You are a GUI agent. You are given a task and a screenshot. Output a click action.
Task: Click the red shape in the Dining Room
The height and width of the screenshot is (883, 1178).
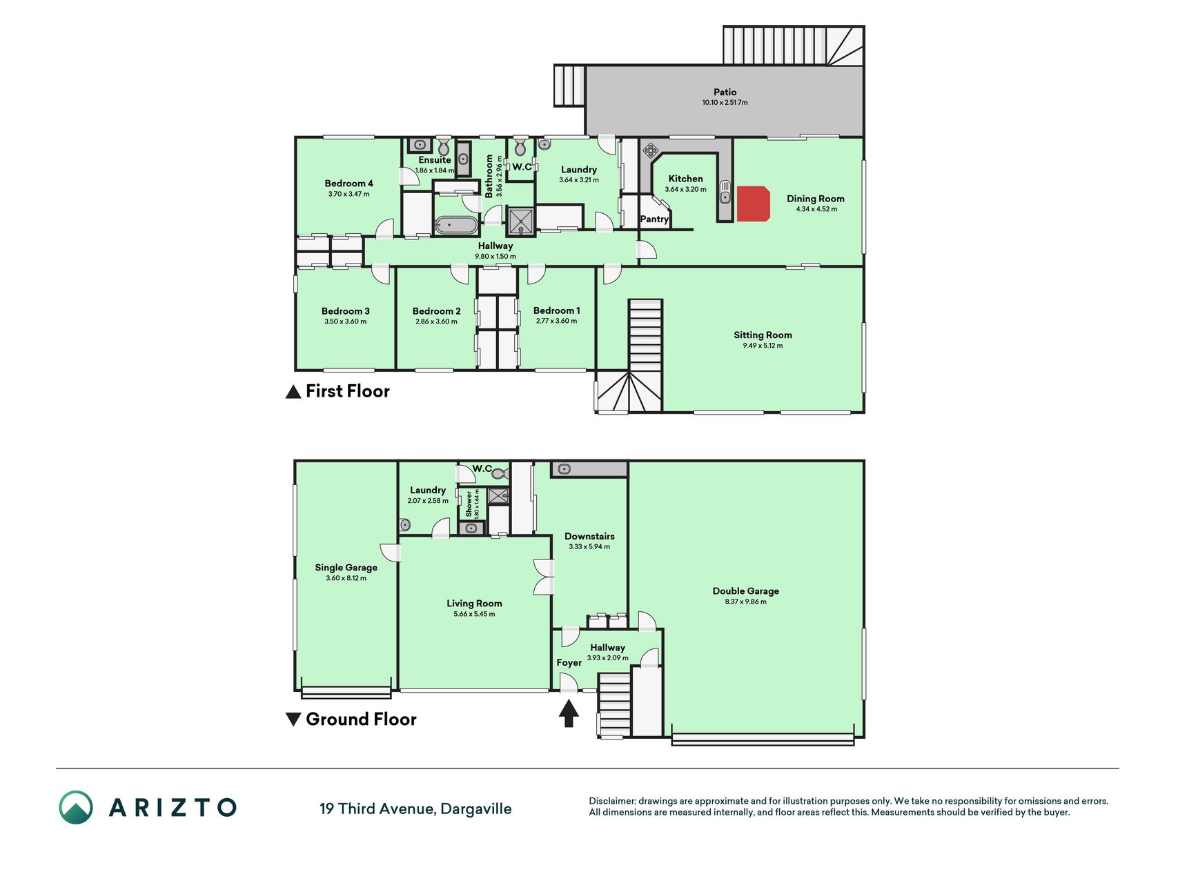click(x=753, y=204)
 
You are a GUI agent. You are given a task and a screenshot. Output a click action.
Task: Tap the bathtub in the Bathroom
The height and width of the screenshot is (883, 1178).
click(x=455, y=226)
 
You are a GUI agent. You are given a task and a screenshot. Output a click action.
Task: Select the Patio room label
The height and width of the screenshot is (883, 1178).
click(x=725, y=92)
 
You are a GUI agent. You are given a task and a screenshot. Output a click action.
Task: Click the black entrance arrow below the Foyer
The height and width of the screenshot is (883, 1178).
click(x=568, y=713)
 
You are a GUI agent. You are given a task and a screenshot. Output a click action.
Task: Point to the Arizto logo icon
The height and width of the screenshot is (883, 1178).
click(x=76, y=807)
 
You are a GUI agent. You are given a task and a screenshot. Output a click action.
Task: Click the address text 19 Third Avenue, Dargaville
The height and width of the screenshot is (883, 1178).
click(x=415, y=808)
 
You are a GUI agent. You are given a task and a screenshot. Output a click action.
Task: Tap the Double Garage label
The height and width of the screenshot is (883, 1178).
click(x=745, y=591)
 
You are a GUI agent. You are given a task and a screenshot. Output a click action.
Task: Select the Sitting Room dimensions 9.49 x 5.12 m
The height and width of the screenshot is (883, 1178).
click(x=763, y=346)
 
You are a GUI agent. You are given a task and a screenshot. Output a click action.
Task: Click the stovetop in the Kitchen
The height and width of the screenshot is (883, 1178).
click(x=650, y=150)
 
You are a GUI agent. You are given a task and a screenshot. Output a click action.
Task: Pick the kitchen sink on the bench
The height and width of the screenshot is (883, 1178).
click(x=725, y=192)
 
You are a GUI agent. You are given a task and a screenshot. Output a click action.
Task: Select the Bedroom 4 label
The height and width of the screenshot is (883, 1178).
click(x=349, y=183)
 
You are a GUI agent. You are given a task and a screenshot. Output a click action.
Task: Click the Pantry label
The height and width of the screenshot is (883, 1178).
click(x=654, y=219)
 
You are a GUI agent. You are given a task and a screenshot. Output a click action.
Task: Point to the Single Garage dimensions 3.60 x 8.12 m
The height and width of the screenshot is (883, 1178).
click(x=346, y=578)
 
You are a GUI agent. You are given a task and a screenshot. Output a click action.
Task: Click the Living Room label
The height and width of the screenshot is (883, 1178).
click(x=474, y=604)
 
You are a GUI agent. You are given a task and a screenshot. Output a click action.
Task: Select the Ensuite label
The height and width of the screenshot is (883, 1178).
click(x=435, y=160)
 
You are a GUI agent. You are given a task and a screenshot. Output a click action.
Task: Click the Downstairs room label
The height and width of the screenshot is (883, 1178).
click(x=589, y=536)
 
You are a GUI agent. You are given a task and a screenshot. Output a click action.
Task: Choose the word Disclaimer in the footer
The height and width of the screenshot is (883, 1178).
click(x=611, y=801)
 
